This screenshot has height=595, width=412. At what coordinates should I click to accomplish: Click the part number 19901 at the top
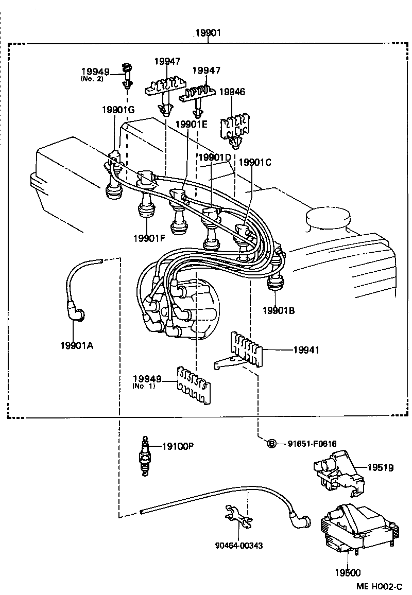tap(208, 33)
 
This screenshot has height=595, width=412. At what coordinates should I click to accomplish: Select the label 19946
tap(232, 92)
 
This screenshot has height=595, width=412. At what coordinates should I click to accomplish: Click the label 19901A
tap(77, 345)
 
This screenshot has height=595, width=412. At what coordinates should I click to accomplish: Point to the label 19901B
tap(278, 310)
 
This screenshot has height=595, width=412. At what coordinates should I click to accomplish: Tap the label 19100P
tap(178, 446)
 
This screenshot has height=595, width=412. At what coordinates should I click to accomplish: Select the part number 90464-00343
tap(238, 545)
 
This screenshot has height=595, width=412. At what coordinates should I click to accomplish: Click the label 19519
tap(380, 467)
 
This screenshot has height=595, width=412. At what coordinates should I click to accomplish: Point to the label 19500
tap(349, 572)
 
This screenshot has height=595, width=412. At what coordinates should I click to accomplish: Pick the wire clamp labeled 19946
tap(232, 129)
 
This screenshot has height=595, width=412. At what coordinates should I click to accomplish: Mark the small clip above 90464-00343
tap(238, 517)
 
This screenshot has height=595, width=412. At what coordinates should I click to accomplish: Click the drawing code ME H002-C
tap(381, 586)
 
